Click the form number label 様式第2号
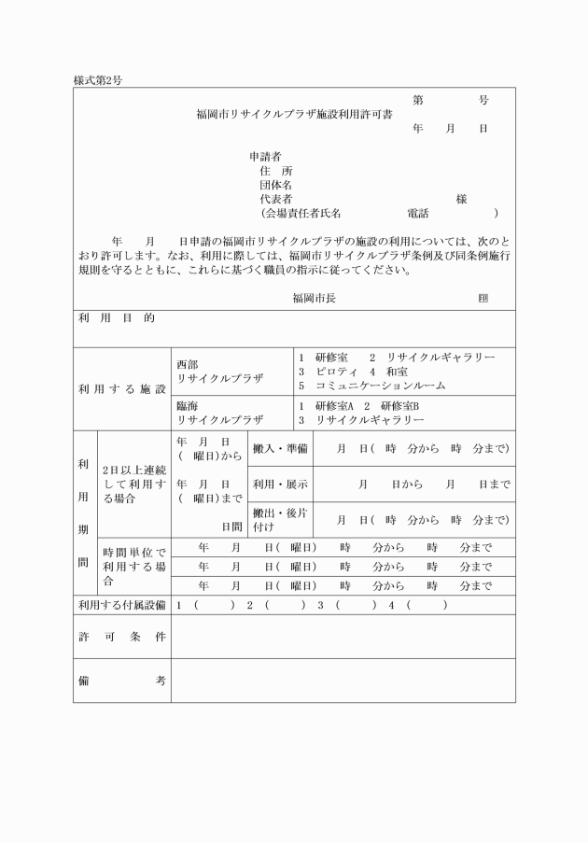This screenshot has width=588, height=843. click(98, 80)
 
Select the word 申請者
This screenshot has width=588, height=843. click(265, 156)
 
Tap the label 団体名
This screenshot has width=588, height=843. click(276, 185)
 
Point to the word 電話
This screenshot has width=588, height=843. click(417, 213)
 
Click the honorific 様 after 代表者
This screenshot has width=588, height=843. click(461, 199)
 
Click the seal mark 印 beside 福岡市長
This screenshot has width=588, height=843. click(483, 298)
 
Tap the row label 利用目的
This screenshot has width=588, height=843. click(117, 318)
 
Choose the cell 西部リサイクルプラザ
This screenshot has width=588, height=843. click(220, 372)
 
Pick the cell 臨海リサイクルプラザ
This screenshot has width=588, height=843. click(220, 414)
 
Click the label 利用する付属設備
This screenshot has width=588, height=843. click(121, 605)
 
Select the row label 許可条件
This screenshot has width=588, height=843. click(121, 637)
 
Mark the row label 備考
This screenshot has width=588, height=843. click(121, 681)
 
